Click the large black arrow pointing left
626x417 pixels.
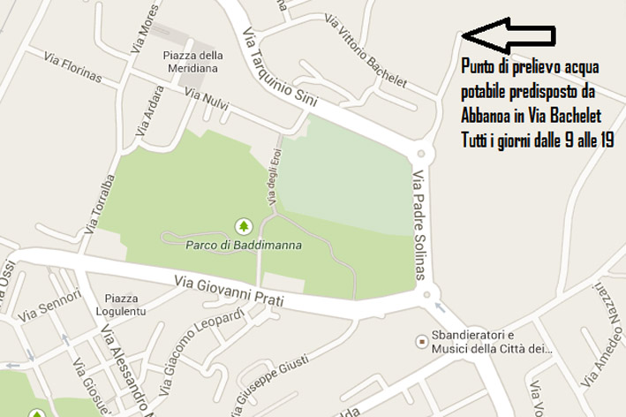[x=509, y=34]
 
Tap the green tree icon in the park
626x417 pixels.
[x=244, y=226]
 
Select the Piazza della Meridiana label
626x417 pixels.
[x=193, y=62]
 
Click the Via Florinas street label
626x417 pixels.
[x=72, y=67]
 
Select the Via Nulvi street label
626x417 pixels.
[x=207, y=103]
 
